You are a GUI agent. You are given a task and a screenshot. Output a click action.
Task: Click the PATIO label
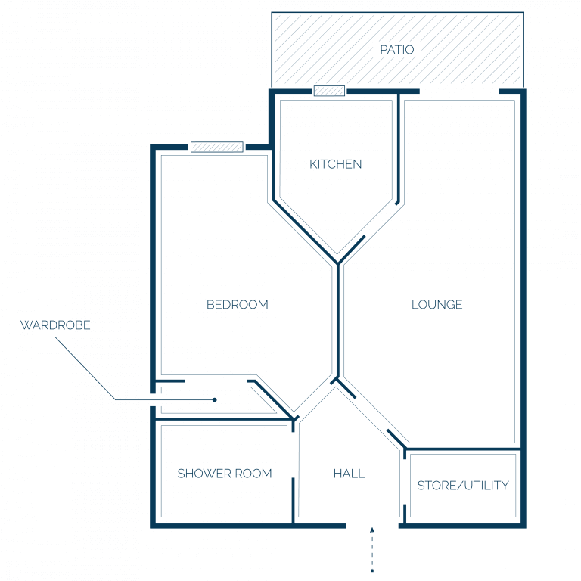tap(397, 50)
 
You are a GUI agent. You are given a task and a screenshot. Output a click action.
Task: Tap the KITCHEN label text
tap(335, 164)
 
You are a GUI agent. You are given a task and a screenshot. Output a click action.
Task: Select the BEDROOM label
tap(237, 305)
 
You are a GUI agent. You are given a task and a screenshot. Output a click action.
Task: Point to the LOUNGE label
tap(437, 305)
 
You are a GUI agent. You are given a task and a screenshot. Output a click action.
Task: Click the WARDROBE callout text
tap(55, 325)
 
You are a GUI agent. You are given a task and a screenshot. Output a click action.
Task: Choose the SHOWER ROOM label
tap(225, 474)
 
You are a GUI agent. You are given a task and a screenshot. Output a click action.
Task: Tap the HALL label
tap(349, 474)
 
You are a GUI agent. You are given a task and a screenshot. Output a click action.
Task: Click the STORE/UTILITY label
tap(463, 486)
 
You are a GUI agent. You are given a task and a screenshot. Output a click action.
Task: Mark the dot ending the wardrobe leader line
tap(215, 399)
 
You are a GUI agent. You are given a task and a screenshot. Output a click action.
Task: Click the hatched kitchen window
tap(329, 91)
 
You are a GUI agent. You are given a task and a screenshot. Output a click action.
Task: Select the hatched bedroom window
tap(217, 147)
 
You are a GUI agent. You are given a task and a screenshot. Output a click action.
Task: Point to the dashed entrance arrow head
tap(372, 530)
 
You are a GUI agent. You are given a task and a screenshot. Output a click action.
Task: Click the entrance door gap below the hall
tap(372, 526)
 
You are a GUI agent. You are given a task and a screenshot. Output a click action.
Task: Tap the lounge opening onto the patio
tap(459, 91)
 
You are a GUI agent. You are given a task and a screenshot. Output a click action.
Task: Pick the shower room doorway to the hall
tap(293, 455)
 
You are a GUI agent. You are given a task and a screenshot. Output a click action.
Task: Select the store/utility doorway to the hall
tap(405, 482)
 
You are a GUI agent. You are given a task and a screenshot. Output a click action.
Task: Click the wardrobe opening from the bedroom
tap(216, 381)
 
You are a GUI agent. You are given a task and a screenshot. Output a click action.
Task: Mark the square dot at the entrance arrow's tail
tap(372, 570)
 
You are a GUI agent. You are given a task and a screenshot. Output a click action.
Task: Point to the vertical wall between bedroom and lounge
tap(338, 321)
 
